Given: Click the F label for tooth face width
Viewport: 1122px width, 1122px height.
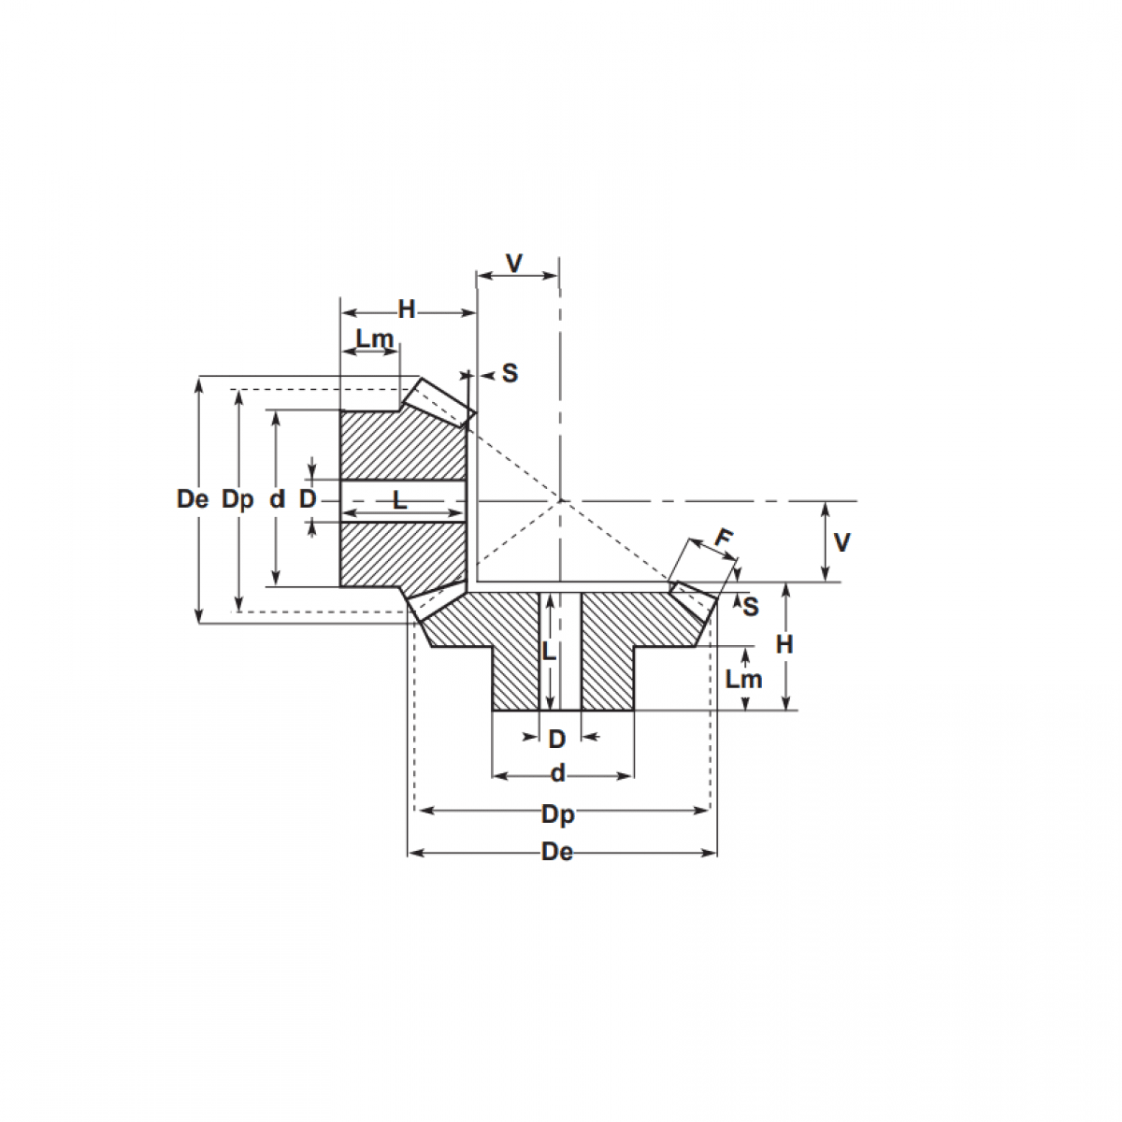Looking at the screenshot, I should [724, 539].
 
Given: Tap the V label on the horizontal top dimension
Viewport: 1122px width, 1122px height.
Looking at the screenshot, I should [514, 264].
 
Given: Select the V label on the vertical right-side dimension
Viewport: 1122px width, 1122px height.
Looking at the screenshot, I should [841, 542].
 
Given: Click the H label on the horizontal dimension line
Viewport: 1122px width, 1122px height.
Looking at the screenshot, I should [407, 309].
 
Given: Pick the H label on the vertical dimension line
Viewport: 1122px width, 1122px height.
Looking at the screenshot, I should [784, 644].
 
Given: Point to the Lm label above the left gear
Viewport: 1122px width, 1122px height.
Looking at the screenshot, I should [374, 338].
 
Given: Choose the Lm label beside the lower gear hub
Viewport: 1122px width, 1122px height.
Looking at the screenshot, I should [744, 679].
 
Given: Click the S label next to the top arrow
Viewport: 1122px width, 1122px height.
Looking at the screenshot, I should [510, 374].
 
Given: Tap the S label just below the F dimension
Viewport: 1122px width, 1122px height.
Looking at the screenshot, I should [750, 607].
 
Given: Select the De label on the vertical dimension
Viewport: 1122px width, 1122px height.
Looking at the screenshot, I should [193, 499].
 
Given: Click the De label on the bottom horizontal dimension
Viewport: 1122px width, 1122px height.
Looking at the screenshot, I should [557, 853].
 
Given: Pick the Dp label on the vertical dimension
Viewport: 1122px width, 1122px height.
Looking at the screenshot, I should [237, 499].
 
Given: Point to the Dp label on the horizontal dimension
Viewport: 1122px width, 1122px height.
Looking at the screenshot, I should [558, 814].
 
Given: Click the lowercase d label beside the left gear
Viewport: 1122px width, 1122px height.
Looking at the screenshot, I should [277, 499].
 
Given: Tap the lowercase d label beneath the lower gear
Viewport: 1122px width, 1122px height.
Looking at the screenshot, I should [558, 774].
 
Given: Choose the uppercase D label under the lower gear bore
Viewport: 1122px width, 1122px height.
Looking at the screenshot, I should [557, 740].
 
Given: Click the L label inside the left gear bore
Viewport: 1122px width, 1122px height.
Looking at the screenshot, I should [400, 500].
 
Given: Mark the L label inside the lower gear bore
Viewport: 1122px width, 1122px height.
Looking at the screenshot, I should [550, 652].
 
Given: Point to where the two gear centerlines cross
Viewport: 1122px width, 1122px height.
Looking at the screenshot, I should [560, 501].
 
